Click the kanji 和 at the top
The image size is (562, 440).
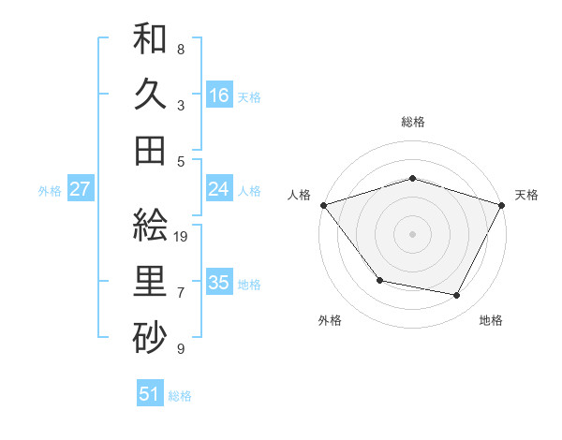click(x=150, y=39)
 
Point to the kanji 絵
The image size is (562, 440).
click(x=150, y=226)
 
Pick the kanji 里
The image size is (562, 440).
click(x=150, y=281)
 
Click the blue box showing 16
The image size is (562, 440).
click(x=219, y=95)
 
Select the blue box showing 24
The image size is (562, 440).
click(x=219, y=190)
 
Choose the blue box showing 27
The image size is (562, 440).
click(x=81, y=190)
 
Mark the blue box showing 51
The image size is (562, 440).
click(x=150, y=394)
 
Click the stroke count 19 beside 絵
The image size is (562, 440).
click(x=182, y=236)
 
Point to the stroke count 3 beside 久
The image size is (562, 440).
click(x=181, y=105)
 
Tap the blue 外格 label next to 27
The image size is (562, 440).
click(x=50, y=191)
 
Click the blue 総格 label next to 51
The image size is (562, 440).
click(x=180, y=396)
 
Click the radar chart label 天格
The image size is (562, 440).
click(x=527, y=195)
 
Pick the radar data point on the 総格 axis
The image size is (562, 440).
click(x=413, y=178)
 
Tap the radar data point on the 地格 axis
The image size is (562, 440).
click(x=457, y=295)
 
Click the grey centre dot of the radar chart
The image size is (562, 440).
click(x=413, y=233)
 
